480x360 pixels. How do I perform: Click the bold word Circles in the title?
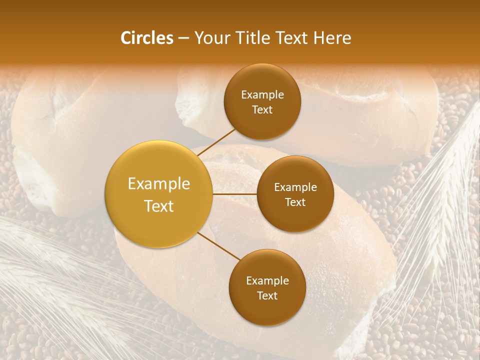147,38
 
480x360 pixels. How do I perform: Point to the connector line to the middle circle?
234,194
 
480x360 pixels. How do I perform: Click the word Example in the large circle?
159,184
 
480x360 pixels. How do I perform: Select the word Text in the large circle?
159,206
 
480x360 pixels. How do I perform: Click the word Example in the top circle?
262,94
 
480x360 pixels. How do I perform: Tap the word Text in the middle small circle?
295,202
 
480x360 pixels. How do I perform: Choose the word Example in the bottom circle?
267,280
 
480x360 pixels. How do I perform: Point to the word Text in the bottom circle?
267,295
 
